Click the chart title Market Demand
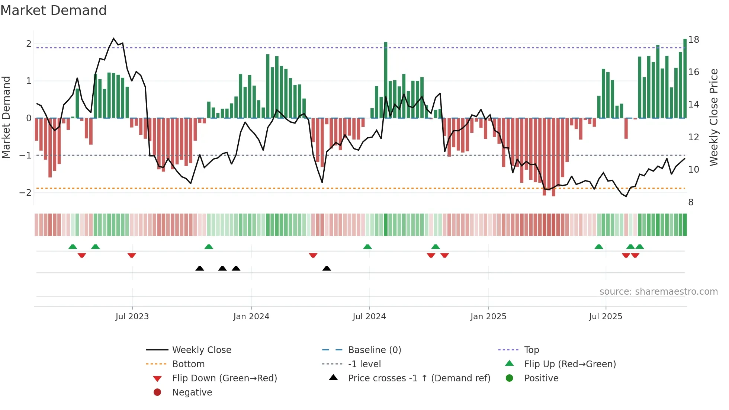pyautogui.click(x=54, y=10)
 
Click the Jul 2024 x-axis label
pyautogui.click(x=369, y=317)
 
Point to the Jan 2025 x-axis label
pyautogui.click(x=488, y=317)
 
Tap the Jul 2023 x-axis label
pyautogui.click(x=132, y=317)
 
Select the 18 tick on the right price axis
pyautogui.click(x=694, y=40)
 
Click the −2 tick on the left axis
pyautogui.click(x=25, y=193)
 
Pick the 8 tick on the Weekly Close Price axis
pyautogui.click(x=691, y=202)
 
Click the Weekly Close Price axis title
pyautogui.click(x=713, y=117)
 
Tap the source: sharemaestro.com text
pyautogui.click(x=658, y=292)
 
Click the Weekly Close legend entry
pyautogui.click(x=201, y=350)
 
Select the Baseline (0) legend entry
pyautogui.click(x=374, y=350)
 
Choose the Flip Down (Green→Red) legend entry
pyautogui.click(x=224, y=378)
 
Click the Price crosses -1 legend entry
pyautogui.click(x=419, y=378)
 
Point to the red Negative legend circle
pyautogui.click(x=157, y=393)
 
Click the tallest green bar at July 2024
pyautogui.click(x=386, y=80)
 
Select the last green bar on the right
pyautogui.click(x=685, y=78)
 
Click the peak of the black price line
pyautogui.click(x=114, y=39)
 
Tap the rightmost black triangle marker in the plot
pyautogui.click(x=327, y=269)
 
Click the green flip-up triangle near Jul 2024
pyautogui.click(x=367, y=247)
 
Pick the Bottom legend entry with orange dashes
pyautogui.click(x=188, y=364)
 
